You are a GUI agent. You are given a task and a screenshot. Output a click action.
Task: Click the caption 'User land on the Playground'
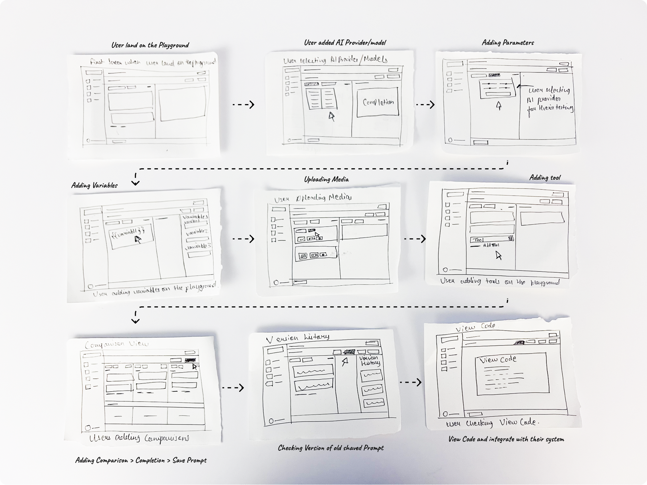pos(150,45)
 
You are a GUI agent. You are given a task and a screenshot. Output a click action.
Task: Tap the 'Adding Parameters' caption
pos(508,43)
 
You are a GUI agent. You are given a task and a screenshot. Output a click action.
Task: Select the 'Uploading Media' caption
pos(326,179)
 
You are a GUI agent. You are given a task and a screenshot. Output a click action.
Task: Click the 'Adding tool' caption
pos(545,177)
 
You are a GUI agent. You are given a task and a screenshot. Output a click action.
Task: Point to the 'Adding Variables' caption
pos(94,185)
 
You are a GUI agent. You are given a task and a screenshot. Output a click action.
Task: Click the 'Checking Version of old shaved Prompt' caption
pos(331,448)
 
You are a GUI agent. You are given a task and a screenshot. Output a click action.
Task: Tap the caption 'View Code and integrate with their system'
pos(506,439)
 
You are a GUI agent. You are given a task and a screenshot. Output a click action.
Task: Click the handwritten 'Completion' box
pos(378,102)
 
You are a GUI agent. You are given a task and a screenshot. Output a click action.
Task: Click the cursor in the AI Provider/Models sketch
pos(332,116)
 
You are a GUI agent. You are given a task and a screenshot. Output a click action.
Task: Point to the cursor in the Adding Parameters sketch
pos(499,105)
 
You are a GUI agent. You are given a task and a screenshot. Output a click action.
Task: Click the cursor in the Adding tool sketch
pos(499,256)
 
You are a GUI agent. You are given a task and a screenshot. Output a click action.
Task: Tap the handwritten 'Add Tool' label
pos(491,245)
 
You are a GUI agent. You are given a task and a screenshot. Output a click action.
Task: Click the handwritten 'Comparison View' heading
pos(116,344)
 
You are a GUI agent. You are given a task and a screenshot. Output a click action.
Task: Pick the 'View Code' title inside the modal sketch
pos(498,359)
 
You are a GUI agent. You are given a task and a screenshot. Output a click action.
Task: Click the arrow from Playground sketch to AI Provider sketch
pos(243,104)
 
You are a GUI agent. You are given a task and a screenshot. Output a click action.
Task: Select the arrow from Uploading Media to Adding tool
pos(415,239)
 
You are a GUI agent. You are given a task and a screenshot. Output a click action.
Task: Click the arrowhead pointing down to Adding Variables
pos(136,183)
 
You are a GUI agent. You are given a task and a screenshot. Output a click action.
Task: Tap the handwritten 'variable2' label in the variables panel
pos(197,232)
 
